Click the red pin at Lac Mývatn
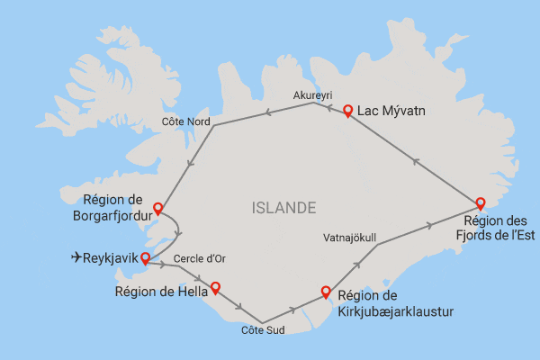tap(347, 110)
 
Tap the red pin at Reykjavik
tap(145, 258)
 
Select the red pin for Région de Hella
tap(214, 288)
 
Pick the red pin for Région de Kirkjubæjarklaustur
tap(326, 291)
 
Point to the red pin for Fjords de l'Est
tap(480, 202)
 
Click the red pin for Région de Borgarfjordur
tap(157, 209)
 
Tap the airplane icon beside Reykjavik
tap(77, 259)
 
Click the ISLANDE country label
tap(284, 209)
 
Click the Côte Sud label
tap(263, 330)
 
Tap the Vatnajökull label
tap(348, 238)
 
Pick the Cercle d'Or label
tap(199, 259)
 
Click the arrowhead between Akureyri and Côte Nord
tap(265, 113)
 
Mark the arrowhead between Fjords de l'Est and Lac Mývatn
tap(415, 160)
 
